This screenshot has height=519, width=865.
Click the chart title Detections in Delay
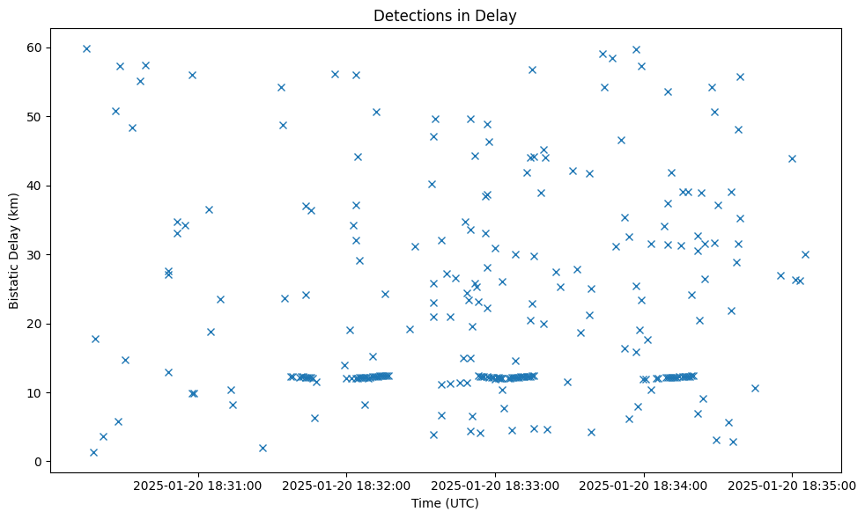point(445,16)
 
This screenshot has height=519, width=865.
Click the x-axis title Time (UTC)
point(445,503)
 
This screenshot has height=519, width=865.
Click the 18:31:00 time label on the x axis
point(198,485)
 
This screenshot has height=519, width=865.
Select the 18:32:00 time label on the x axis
point(346,485)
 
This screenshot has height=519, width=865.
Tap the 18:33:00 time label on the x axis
point(495,485)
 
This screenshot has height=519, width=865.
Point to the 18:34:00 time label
point(644,485)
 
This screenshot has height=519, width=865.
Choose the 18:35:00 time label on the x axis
point(792,485)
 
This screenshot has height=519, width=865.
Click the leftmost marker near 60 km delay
point(86,48)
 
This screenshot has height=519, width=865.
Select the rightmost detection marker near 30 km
point(805,254)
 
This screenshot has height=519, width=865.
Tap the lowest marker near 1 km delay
point(93,452)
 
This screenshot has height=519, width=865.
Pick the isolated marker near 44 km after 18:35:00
point(792,158)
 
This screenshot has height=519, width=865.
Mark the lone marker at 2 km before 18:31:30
point(262,448)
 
